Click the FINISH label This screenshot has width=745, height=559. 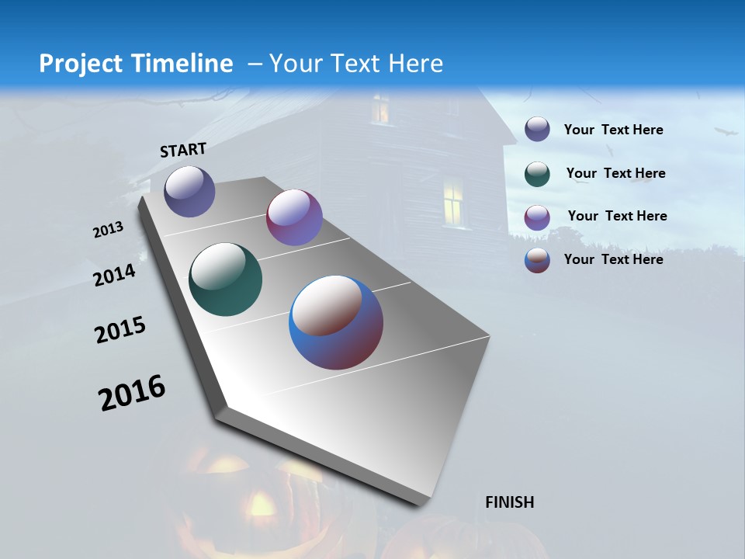[x=510, y=502]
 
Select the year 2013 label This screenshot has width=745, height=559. [x=109, y=230]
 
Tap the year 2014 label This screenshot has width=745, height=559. [x=115, y=275]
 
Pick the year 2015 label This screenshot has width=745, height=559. [x=120, y=330]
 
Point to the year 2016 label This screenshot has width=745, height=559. [x=132, y=393]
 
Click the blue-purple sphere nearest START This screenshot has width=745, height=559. [x=189, y=191]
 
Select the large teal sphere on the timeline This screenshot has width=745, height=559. [x=225, y=279]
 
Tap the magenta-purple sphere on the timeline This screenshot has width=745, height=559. [x=294, y=217]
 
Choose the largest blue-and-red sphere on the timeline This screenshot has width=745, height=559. [x=336, y=321]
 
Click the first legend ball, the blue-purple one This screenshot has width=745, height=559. [x=537, y=130]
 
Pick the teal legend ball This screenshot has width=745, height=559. [x=537, y=174]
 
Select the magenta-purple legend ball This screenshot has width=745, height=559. [x=537, y=217]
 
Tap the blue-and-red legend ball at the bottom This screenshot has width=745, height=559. [x=537, y=260]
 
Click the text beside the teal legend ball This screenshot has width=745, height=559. [x=615, y=173]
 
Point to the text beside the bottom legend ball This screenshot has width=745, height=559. [x=613, y=259]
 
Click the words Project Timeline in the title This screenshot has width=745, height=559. [x=136, y=64]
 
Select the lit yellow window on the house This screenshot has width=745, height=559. [x=453, y=201]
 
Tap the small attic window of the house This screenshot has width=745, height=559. [x=380, y=109]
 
